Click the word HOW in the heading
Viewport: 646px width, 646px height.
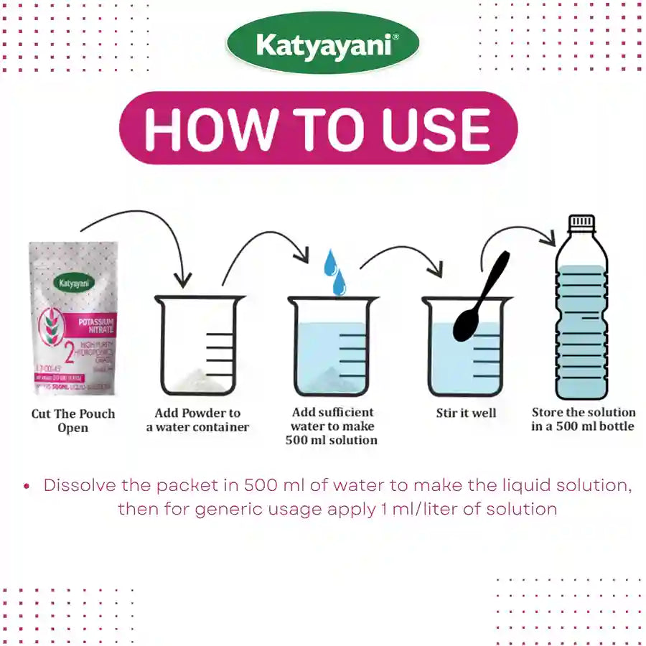209,129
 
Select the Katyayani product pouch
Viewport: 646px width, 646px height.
72,319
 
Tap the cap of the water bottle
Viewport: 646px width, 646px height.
581,222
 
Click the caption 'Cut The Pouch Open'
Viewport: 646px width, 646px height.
72,421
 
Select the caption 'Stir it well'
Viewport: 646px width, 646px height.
466,413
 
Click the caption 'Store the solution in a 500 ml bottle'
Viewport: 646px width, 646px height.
583,419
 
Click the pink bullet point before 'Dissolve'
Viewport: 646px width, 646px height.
27,487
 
